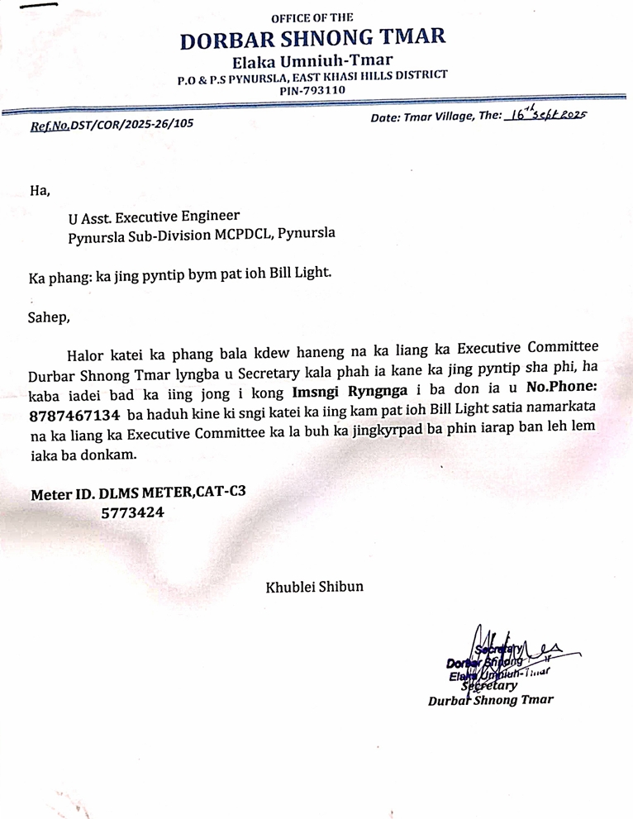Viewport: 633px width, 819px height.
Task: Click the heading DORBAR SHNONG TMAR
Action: pyautogui.click(x=313, y=39)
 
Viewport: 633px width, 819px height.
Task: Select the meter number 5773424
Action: pyautogui.click(x=132, y=512)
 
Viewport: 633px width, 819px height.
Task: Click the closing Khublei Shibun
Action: pyautogui.click(x=313, y=588)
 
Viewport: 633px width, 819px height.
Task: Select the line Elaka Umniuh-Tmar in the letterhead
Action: pyautogui.click(x=313, y=60)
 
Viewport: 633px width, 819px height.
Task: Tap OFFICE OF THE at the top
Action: pyautogui.click(x=313, y=17)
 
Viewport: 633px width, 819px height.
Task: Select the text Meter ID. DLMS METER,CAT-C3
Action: pyautogui.click(x=138, y=494)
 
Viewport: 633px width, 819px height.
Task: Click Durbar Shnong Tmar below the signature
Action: pyautogui.click(x=491, y=700)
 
